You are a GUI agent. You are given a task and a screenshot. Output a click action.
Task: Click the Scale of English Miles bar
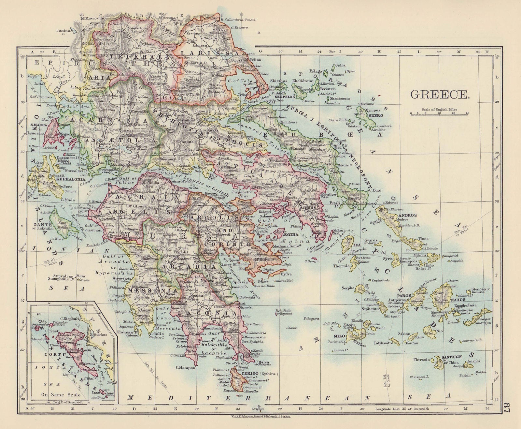440,113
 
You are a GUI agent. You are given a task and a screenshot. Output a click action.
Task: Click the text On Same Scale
61,395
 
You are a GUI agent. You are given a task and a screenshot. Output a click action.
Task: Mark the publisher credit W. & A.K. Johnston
260,417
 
